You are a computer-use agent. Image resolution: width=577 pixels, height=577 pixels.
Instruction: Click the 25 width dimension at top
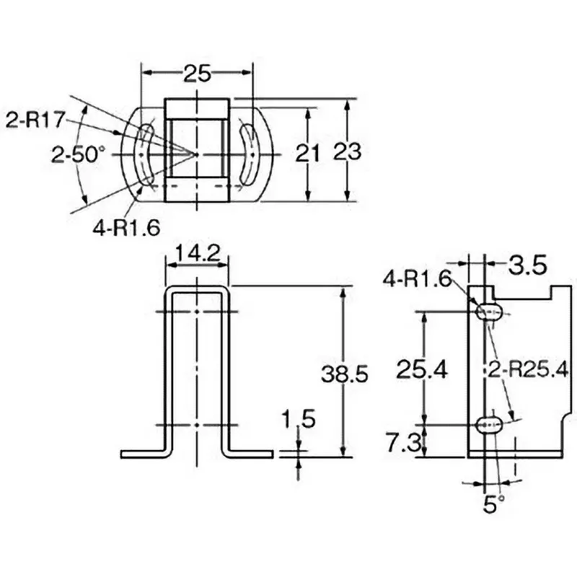coord(197,72)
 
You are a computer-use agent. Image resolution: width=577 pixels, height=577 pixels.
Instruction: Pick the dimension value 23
coord(348,152)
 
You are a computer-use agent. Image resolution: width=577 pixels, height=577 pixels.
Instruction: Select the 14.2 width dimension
coord(197,253)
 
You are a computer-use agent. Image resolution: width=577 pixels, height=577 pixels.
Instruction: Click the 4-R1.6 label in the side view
coord(416,276)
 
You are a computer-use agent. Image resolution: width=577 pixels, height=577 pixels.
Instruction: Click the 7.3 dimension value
coord(404,442)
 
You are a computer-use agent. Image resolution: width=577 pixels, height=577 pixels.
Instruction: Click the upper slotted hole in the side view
coord(489,312)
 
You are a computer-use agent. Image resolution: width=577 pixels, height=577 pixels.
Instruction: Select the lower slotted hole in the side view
coord(489,423)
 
